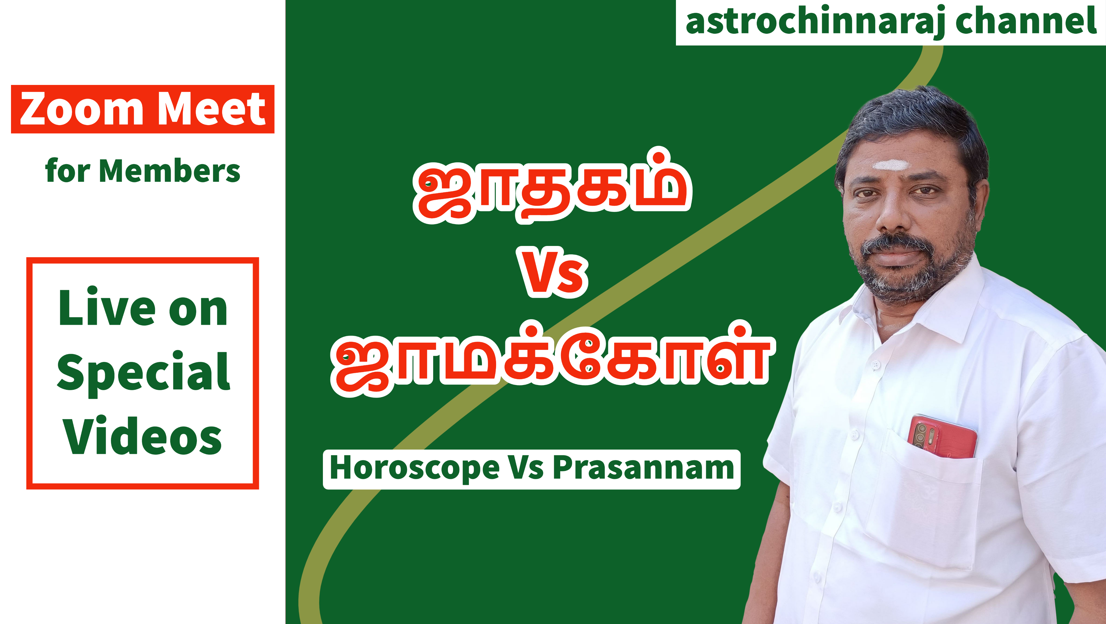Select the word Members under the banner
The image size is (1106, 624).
pyautogui.click(x=170, y=171)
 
